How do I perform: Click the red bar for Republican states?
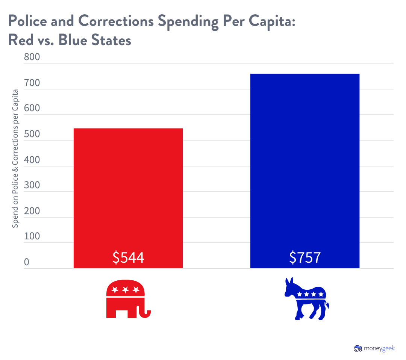pyautogui.click(x=128, y=188)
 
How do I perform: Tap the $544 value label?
pyautogui.click(x=128, y=258)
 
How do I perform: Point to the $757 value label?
pyautogui.click(x=305, y=258)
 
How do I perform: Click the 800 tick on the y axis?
pyautogui.click(x=32, y=57)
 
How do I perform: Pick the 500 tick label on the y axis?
pyautogui.click(x=32, y=134)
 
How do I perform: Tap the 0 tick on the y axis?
pyautogui.click(x=27, y=262)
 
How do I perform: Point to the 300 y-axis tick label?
pyautogui.click(x=32, y=185)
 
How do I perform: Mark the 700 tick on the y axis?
pyautogui.click(x=32, y=83)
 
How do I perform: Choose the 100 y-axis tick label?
pyautogui.click(x=32, y=236)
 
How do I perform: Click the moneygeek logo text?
pyautogui.click(x=379, y=348)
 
